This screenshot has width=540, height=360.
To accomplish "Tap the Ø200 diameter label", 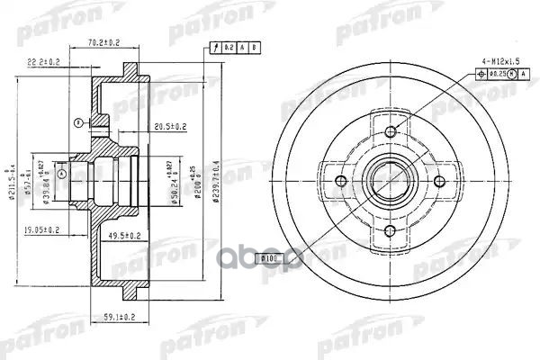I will point(199,175).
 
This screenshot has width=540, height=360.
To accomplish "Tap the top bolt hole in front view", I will point(391,132).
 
